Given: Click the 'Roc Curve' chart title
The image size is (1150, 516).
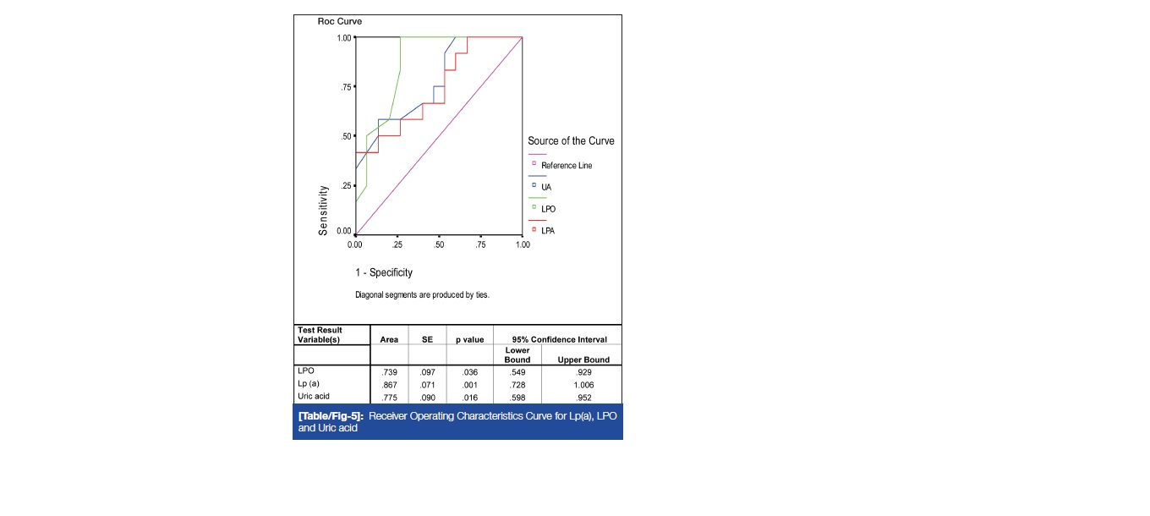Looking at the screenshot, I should (340, 21).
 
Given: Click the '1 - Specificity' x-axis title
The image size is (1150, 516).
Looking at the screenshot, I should (384, 272).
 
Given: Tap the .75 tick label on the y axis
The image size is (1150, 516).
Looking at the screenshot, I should (346, 87).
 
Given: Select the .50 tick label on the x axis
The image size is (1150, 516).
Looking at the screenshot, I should (438, 244).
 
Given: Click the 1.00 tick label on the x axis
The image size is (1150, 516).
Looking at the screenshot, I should (522, 244).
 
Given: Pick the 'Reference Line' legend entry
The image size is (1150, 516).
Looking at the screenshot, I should (567, 166).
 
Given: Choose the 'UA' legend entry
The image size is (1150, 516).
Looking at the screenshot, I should (547, 185).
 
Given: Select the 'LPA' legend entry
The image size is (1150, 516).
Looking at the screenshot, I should (549, 230).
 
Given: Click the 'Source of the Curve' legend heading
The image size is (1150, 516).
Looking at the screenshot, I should (571, 141).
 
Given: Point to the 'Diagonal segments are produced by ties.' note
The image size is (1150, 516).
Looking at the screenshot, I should (422, 295).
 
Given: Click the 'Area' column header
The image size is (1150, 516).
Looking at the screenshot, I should (389, 339).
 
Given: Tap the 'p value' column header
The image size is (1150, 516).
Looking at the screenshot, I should (469, 339).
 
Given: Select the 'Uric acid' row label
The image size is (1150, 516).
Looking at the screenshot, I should (314, 397).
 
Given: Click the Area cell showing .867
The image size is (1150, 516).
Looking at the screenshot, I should (389, 384).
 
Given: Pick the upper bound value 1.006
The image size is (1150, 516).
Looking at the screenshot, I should (579, 384).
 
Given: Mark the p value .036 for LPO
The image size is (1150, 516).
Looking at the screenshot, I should (469, 371).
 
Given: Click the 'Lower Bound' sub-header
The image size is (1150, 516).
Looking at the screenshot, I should (517, 354).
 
